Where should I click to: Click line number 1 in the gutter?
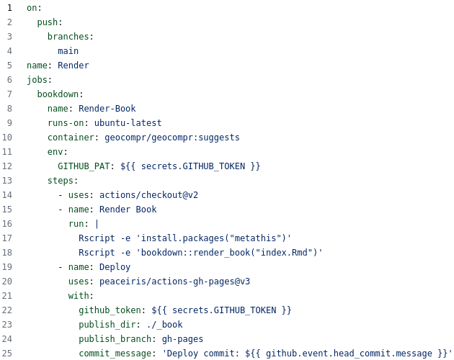point(9,8)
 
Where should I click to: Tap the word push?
point(48,22)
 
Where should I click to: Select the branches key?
point(68,37)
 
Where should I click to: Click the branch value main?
point(68,51)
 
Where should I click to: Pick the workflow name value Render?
point(74,66)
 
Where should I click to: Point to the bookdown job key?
point(58,94)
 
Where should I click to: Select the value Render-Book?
point(107,109)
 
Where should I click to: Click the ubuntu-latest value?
point(128,123)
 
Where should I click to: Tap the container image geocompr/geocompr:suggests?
point(172,138)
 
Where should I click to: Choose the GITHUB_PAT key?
point(84,166)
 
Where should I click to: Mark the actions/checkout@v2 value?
point(149,195)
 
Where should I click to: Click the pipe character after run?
point(97,224)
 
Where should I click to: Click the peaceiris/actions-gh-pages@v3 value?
point(175,282)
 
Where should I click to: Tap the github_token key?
point(110,310)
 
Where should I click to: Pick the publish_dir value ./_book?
point(165,325)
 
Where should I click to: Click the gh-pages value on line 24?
point(183,339)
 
